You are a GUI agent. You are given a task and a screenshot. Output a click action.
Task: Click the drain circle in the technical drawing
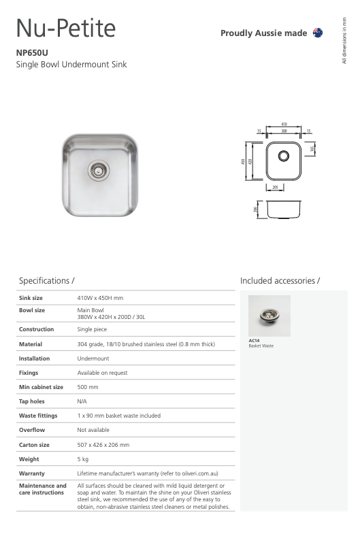point(283,156)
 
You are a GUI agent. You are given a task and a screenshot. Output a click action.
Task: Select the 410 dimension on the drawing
point(283,124)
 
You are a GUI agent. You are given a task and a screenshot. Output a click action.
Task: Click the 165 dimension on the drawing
point(312,148)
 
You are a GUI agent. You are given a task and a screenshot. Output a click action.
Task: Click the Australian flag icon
point(318,33)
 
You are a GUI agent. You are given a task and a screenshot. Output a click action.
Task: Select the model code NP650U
point(32,52)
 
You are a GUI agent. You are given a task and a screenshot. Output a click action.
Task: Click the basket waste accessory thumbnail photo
point(269,316)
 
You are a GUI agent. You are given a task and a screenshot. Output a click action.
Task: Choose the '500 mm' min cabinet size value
point(88,387)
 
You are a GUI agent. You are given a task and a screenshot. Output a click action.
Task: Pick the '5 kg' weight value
point(83,459)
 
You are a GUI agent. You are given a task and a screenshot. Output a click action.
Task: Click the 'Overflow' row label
point(32,430)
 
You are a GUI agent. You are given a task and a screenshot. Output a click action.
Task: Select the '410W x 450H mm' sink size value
point(100,298)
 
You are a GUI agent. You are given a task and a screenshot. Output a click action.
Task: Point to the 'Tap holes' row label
point(33,401)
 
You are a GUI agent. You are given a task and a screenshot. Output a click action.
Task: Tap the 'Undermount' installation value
point(93,358)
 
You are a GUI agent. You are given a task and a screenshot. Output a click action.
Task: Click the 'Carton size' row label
point(34,445)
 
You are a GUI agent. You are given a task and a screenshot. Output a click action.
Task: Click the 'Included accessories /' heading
point(280,280)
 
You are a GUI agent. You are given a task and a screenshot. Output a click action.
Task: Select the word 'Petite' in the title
point(86,29)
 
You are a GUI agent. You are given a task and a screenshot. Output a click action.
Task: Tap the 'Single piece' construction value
point(94,330)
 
